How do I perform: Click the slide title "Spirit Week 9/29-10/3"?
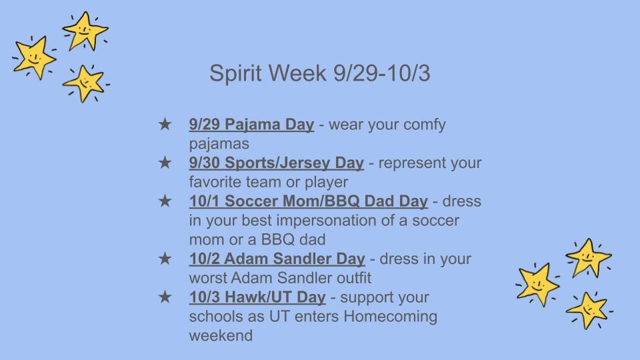click(x=319, y=74)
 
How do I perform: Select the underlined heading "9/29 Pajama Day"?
click(x=251, y=125)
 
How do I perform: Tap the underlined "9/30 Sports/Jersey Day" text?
click(x=276, y=163)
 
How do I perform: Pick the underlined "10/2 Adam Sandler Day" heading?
click(x=277, y=259)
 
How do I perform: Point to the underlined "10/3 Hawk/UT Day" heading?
click(x=257, y=297)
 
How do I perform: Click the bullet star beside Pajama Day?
click(x=164, y=125)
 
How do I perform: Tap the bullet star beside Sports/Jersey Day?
click(x=164, y=163)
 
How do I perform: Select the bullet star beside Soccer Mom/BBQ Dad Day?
click(x=164, y=201)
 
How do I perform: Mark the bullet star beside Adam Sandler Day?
click(x=164, y=259)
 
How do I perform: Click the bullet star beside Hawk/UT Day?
click(x=164, y=297)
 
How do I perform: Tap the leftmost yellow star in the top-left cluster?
click(x=33, y=57)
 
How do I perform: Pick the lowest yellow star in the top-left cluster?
click(x=84, y=83)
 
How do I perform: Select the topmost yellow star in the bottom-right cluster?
click(x=587, y=257)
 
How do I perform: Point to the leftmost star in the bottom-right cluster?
click(x=537, y=283)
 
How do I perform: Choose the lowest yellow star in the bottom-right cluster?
click(x=587, y=309)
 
